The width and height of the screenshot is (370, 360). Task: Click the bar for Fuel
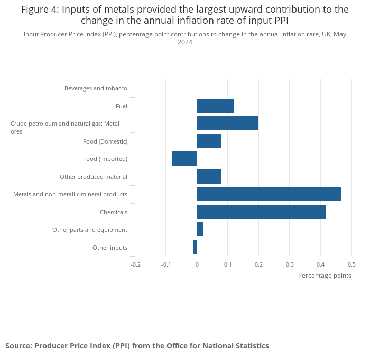215,106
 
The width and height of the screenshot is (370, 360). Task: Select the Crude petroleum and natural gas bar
227,124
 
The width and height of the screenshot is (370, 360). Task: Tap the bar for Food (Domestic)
209,141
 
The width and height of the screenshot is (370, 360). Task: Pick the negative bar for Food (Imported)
184,159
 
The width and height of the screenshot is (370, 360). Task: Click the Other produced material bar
209,176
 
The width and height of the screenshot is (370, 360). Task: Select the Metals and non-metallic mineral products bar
269,194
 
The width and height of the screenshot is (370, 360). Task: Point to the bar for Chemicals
261,212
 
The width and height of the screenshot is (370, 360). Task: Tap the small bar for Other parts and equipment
200,230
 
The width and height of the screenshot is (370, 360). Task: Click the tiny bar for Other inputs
195,247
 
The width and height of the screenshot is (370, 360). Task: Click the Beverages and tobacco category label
96,88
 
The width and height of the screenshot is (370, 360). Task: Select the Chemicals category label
114,212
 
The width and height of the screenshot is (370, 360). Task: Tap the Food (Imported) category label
105,159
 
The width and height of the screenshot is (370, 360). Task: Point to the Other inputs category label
110,248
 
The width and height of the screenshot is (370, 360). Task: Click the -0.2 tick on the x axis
135,264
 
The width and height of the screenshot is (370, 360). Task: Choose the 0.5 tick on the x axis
351,264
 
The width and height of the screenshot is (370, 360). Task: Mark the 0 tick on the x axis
197,264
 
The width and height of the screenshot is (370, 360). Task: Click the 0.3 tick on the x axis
290,264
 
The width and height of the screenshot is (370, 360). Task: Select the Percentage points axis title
325,276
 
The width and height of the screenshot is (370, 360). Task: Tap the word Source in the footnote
18,346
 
